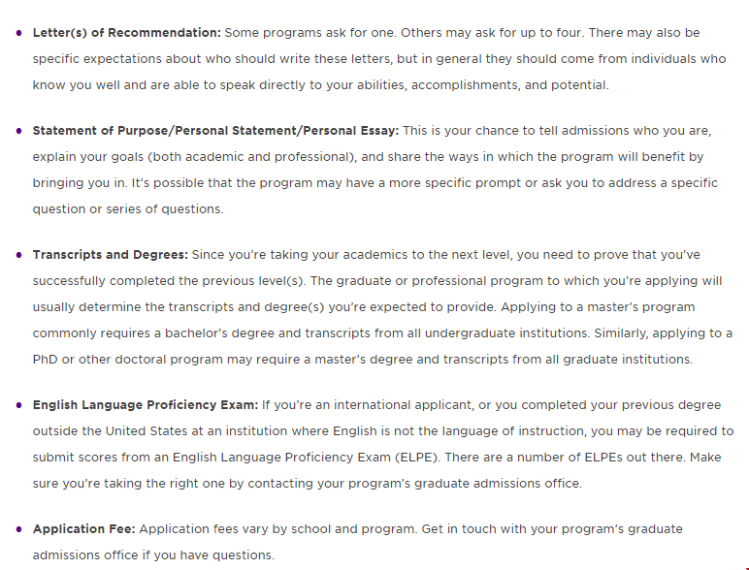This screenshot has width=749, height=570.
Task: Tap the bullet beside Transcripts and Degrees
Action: [x=19, y=255]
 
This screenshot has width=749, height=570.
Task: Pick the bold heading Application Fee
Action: [x=84, y=529]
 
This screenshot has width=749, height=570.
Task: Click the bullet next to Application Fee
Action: [x=19, y=529]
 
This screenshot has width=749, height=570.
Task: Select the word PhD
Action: [x=46, y=360]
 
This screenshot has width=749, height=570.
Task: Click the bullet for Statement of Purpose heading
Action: [x=19, y=130]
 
